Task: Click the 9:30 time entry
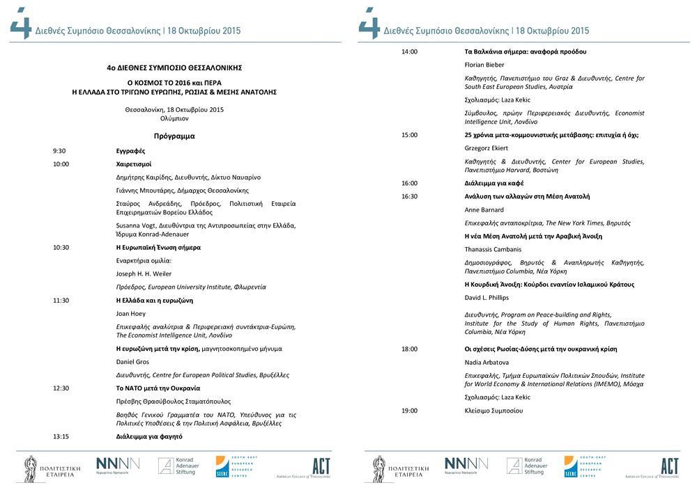point(59,151)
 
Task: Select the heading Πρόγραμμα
point(174,136)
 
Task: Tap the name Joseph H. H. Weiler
point(144,273)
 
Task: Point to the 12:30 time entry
point(61,388)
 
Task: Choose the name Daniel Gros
point(132,362)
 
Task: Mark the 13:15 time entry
point(61,436)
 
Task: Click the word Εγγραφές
point(130,151)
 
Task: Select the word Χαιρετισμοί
point(134,164)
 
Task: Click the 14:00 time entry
point(409,51)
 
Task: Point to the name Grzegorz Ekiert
point(487,148)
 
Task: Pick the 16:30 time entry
point(409,196)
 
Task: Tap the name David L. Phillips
point(487,298)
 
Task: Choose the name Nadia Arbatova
point(487,363)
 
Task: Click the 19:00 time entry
point(409,411)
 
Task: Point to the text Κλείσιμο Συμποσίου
point(493,411)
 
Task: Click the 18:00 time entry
point(409,349)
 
